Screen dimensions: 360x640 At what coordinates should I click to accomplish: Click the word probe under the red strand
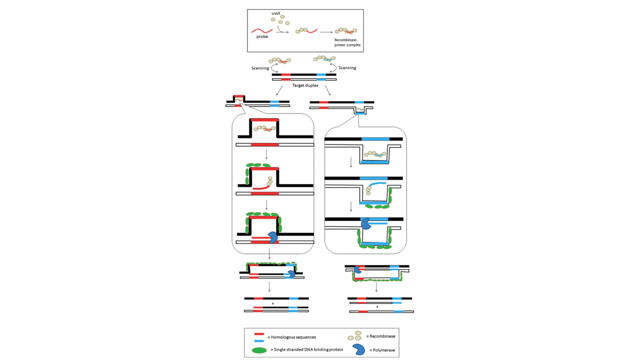click(x=262, y=36)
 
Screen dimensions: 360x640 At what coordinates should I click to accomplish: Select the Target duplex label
click(x=305, y=85)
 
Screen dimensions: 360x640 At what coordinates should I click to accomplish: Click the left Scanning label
click(x=260, y=68)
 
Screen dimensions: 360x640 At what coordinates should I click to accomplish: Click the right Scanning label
click(x=347, y=68)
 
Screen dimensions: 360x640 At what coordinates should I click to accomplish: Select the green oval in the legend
click(x=258, y=349)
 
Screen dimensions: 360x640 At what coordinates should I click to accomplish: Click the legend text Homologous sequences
click(x=291, y=337)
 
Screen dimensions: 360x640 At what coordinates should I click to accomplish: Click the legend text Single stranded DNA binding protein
click(x=306, y=349)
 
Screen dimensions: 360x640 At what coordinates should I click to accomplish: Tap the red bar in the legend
click(x=259, y=334)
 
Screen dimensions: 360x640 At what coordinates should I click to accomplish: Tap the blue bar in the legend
click(x=259, y=340)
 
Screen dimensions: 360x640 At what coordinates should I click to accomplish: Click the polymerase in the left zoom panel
click(x=273, y=237)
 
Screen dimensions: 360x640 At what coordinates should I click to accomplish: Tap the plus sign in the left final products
click(x=273, y=303)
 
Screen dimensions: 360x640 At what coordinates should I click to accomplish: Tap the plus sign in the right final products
click(x=377, y=306)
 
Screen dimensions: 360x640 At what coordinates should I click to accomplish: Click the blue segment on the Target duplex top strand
click(x=321, y=74)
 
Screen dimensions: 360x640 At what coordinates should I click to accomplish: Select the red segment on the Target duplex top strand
click(x=285, y=74)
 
